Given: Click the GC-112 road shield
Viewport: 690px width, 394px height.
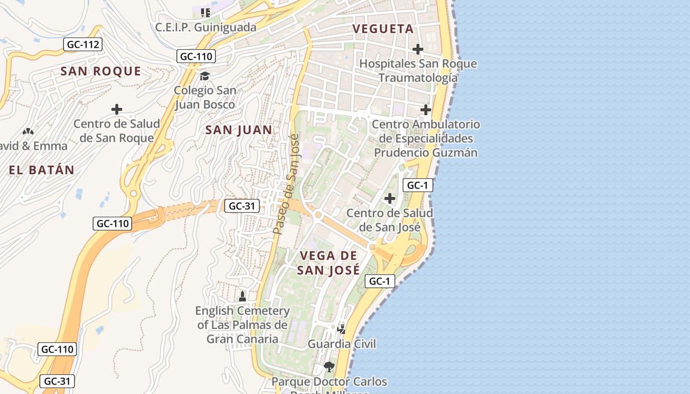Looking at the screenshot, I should (x=83, y=45).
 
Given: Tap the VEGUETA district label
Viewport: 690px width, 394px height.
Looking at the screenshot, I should (x=383, y=29).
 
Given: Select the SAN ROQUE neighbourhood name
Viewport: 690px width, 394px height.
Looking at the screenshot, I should (x=101, y=71).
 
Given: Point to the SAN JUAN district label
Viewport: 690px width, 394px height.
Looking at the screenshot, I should (x=239, y=130).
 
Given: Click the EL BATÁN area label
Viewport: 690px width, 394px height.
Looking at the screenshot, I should (x=41, y=170).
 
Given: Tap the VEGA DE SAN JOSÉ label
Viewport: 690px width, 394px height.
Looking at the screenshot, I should (x=328, y=263).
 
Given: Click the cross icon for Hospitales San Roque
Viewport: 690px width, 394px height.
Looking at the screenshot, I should (x=418, y=49).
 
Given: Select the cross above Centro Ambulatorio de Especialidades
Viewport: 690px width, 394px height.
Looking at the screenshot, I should (x=426, y=110).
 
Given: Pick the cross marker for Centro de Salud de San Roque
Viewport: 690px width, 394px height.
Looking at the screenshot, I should (x=117, y=109).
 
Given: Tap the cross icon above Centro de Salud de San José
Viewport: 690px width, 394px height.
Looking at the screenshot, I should (x=390, y=198).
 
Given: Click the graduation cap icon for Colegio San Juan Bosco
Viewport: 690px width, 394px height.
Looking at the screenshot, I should (x=205, y=76).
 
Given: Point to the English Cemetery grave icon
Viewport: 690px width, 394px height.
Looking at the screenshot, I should (x=242, y=296).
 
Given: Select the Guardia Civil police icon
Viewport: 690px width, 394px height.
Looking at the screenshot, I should (x=341, y=328).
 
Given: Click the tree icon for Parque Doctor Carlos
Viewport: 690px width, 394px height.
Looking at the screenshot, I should (x=329, y=367).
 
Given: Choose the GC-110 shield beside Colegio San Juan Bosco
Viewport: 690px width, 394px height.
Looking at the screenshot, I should (x=196, y=56).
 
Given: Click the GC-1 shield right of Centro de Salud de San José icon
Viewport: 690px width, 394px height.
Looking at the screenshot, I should (x=418, y=185).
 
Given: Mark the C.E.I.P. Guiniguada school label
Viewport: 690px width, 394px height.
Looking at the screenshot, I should (x=206, y=27).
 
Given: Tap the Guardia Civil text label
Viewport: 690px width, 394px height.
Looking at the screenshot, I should (x=342, y=344).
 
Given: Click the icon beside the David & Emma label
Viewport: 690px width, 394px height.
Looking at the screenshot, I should (x=28, y=131).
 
